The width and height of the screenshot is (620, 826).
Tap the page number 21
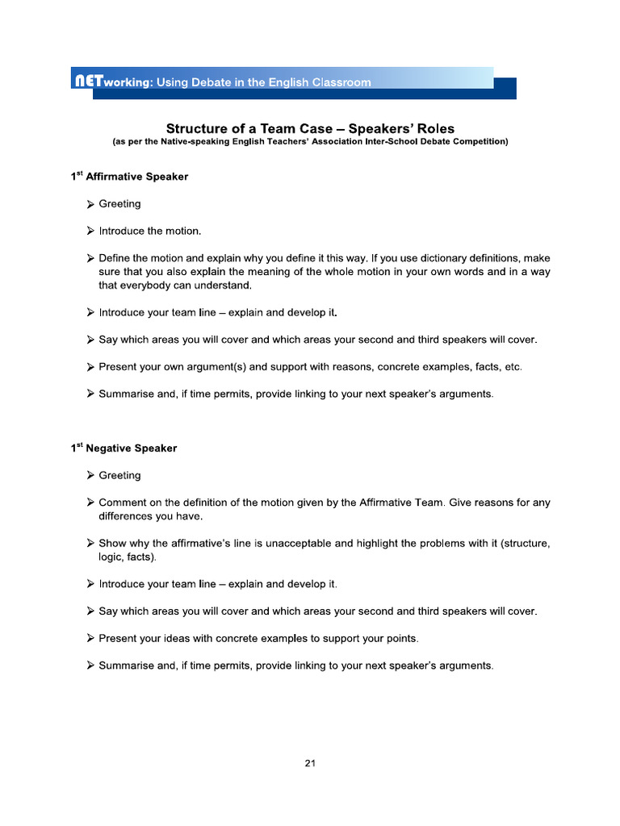point(310,762)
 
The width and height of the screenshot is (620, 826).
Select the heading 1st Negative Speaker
point(124,448)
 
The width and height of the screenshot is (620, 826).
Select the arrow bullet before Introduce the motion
point(91,232)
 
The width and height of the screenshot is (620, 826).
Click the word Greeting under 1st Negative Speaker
point(119,476)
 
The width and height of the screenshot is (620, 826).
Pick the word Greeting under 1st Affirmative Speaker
point(119,204)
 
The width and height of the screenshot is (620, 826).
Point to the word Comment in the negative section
point(124,503)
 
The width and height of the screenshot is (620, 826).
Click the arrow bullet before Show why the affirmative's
point(91,544)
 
